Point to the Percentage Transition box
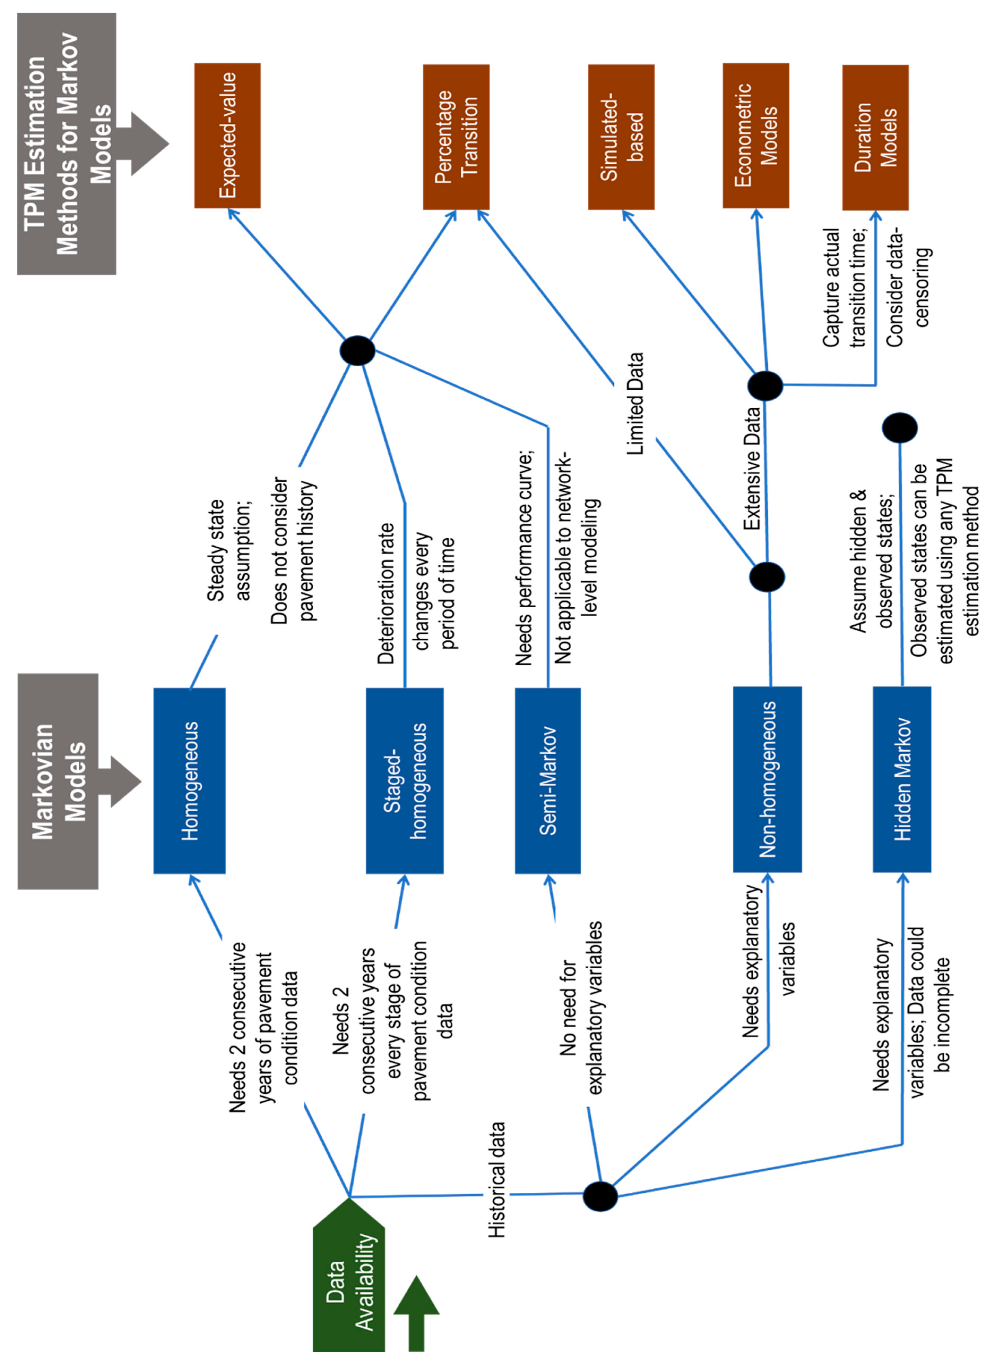point(455,137)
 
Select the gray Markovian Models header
point(58,781)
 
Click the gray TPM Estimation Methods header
point(67,144)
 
